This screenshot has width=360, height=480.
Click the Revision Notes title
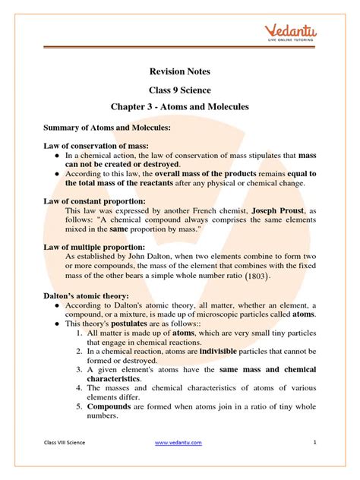point(179,72)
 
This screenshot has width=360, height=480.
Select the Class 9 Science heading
point(179,90)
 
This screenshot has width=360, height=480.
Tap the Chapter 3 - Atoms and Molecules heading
point(179,107)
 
